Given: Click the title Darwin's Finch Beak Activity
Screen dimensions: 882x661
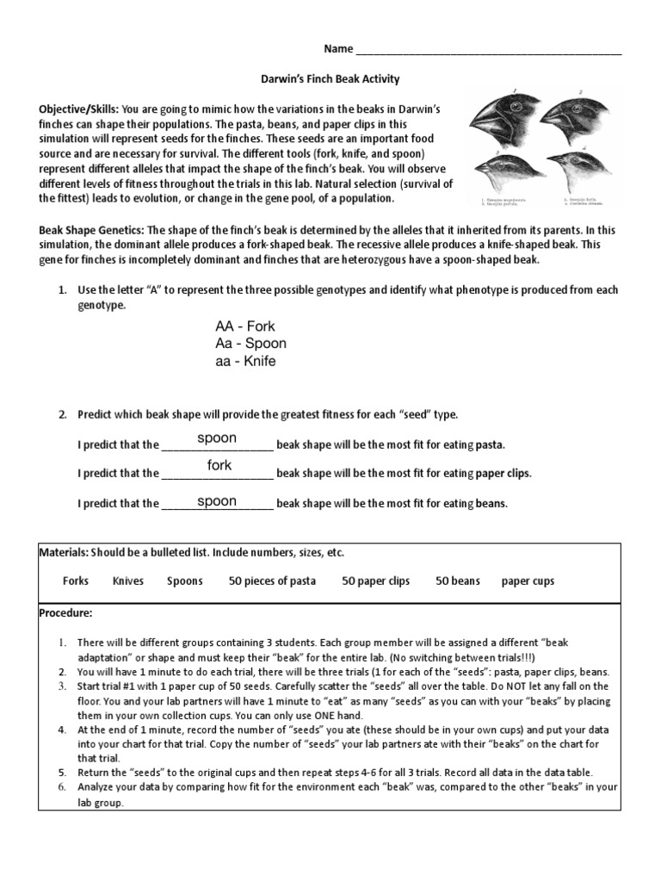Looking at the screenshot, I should (x=330, y=78).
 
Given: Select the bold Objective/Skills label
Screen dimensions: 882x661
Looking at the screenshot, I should (x=78, y=110).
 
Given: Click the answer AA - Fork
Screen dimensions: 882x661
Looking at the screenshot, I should (x=245, y=326).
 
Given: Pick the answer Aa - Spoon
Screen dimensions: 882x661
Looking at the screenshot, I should (x=250, y=344).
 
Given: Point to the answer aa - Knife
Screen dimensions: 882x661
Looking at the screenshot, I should (x=245, y=361).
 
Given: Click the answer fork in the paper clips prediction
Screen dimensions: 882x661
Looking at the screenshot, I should (x=219, y=465).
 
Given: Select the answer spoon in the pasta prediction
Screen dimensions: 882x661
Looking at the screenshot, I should (x=217, y=438).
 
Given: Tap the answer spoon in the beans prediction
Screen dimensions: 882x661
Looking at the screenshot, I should (x=217, y=500).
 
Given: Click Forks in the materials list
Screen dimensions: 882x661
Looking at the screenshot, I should (x=76, y=581).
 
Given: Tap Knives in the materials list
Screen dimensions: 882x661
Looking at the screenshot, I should (x=127, y=581).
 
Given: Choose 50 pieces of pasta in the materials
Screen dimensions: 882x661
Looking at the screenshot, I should (x=272, y=581).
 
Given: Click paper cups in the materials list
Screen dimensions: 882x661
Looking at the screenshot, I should (x=528, y=581).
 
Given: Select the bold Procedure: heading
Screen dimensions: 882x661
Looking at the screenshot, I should (x=65, y=612).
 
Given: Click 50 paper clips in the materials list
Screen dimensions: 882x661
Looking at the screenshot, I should (x=375, y=581).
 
